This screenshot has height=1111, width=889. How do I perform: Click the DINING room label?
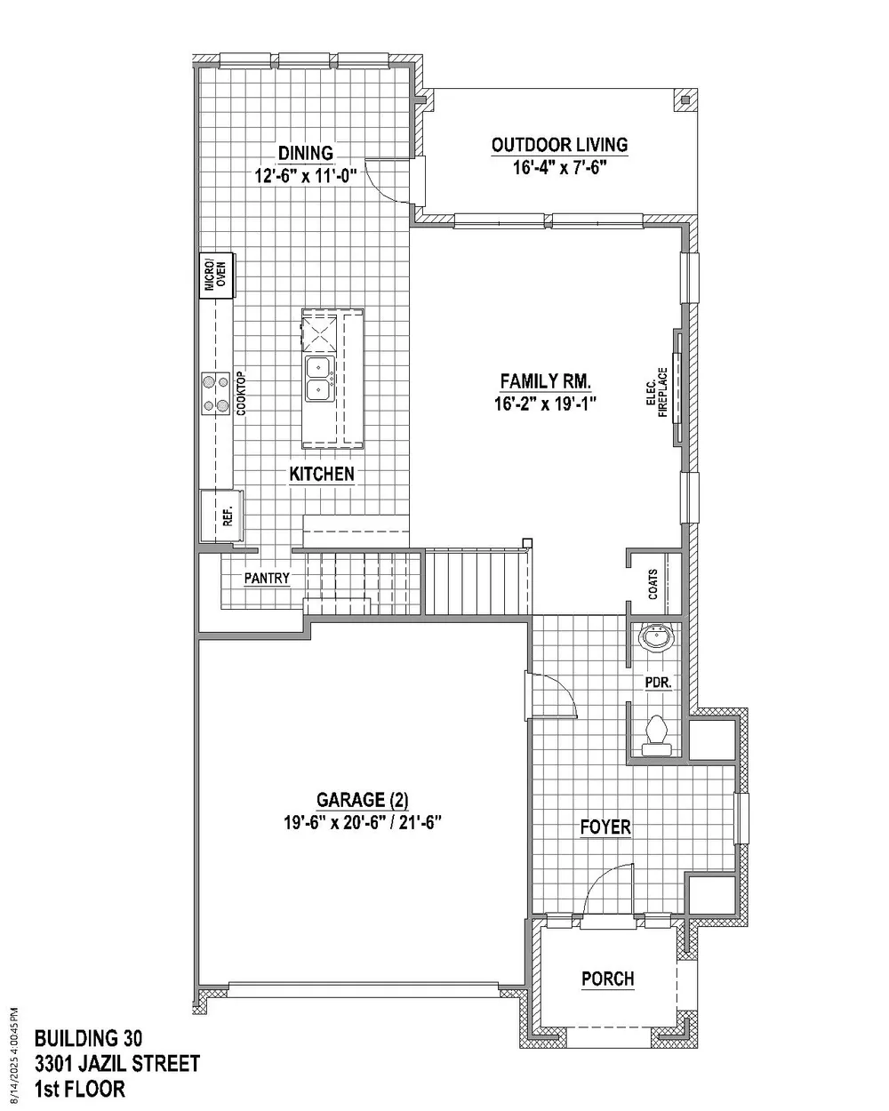(x=305, y=154)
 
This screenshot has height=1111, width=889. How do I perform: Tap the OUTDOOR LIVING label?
(x=559, y=145)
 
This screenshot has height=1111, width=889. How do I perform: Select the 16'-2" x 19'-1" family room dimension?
(x=546, y=404)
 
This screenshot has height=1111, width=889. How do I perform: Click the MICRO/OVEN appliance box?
(x=217, y=275)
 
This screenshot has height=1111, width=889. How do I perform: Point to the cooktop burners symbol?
(x=216, y=393)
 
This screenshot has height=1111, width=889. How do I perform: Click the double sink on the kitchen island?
(x=320, y=379)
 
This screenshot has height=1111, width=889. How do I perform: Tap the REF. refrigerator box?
(x=221, y=516)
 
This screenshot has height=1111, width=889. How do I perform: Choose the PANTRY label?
(x=267, y=579)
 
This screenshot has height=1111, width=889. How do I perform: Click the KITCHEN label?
(x=321, y=474)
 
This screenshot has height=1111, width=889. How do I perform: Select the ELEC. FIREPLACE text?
(x=657, y=392)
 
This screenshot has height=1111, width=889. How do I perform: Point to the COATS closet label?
(x=653, y=585)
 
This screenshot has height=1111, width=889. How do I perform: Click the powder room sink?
(x=657, y=638)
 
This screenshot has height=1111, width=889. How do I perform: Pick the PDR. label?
(x=659, y=683)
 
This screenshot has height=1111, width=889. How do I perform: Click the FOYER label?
(x=605, y=827)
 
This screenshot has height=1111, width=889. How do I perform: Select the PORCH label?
(x=607, y=979)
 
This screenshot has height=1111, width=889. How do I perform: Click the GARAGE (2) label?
(x=362, y=800)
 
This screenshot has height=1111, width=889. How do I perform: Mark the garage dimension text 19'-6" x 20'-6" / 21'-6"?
(x=362, y=822)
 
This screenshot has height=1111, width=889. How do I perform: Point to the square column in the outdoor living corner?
(x=685, y=100)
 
